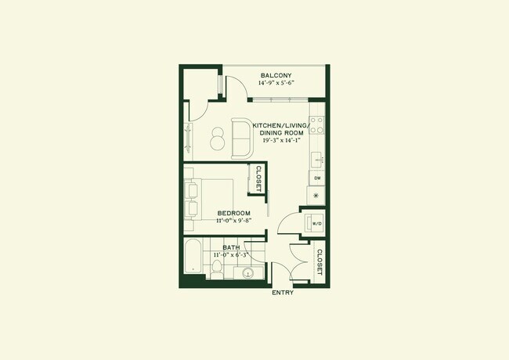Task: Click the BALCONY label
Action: (x=276, y=76)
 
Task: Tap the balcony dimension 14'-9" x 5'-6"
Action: (x=276, y=84)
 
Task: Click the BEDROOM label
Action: (x=233, y=214)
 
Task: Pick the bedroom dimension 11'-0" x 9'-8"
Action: (x=233, y=221)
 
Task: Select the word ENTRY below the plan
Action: (x=283, y=293)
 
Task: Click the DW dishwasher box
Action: (x=317, y=178)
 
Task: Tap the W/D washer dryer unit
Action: (x=316, y=223)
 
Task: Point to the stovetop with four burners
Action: (x=317, y=125)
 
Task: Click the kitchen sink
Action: (x=318, y=160)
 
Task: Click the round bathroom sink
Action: (x=248, y=273)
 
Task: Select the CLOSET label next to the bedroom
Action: (x=258, y=179)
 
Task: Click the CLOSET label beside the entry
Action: (x=319, y=261)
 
